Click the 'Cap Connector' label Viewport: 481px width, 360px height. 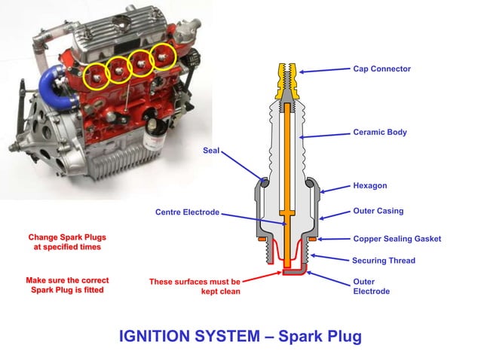pyautogui.click(x=381, y=69)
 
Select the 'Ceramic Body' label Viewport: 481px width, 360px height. pyautogui.click(x=379, y=132)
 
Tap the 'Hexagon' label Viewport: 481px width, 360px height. pyautogui.click(x=369, y=185)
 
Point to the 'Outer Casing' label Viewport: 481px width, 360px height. pyautogui.click(x=378, y=212)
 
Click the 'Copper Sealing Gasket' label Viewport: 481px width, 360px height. pyautogui.click(x=397, y=239)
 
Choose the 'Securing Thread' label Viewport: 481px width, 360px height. pyautogui.click(x=383, y=261)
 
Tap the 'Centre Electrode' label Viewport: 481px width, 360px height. pyautogui.click(x=187, y=212)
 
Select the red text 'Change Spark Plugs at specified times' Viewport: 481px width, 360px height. pyautogui.click(x=64, y=242)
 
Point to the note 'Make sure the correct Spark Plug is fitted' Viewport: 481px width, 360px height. pyautogui.click(x=64, y=285)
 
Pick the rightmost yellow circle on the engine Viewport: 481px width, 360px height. pyautogui.click(x=163, y=55)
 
